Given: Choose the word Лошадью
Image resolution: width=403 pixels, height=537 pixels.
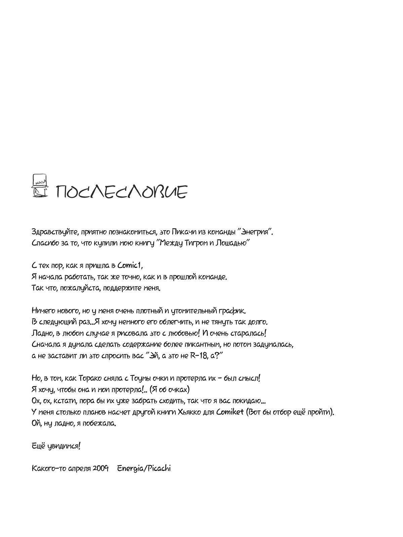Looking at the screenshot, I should (237, 243).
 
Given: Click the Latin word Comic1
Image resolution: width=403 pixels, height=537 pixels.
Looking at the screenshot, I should (130, 266).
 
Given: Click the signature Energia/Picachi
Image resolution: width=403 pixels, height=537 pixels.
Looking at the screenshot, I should (144, 469).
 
